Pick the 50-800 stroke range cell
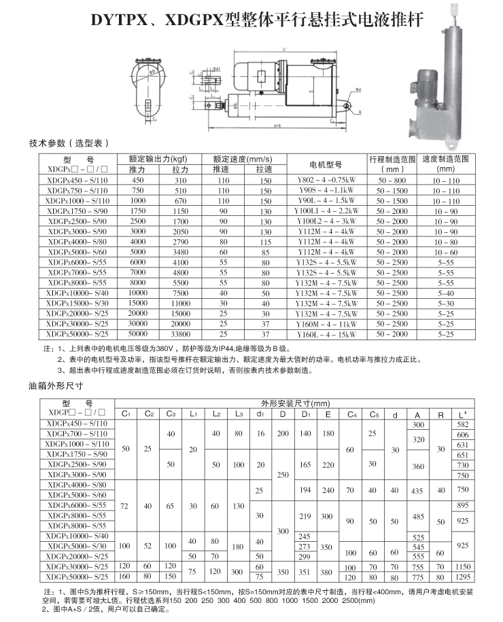(392, 181)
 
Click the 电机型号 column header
(326, 164)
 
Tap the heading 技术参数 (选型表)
(69, 143)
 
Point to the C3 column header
(171, 414)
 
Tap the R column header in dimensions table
(440, 414)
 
